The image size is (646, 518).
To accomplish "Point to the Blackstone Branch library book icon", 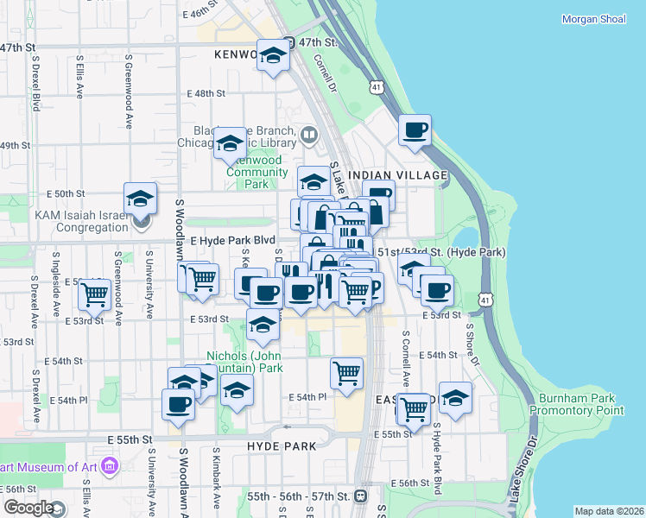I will tap(308, 135).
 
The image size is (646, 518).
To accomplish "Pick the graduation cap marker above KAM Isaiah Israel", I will tap(140, 199).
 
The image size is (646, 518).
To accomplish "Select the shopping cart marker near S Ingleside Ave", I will tap(95, 294).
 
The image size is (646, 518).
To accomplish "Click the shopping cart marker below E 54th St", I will tap(346, 373).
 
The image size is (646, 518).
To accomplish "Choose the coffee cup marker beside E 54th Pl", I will tap(178, 404).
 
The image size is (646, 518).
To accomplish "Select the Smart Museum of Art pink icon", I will tap(109, 467).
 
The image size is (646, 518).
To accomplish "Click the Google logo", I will tap(28, 508).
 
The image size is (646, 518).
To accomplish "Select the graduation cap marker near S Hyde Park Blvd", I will tap(455, 397).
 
